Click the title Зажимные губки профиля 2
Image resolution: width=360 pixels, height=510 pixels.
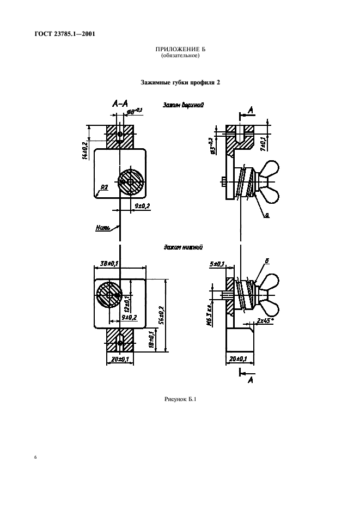(180, 82)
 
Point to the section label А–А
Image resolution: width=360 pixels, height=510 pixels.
(120, 103)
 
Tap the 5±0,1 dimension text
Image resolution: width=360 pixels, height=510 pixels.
(217, 264)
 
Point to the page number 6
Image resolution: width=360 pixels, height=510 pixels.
(35, 457)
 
